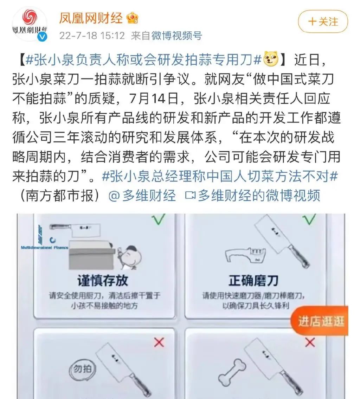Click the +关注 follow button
click(x=323, y=21)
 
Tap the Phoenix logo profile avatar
click(x=30, y=23)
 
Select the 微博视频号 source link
click(x=176, y=36)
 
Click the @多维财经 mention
click(x=142, y=195)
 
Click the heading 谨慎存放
click(x=103, y=280)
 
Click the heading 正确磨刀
click(x=253, y=280)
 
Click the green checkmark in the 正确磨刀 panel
click(x=309, y=220)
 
